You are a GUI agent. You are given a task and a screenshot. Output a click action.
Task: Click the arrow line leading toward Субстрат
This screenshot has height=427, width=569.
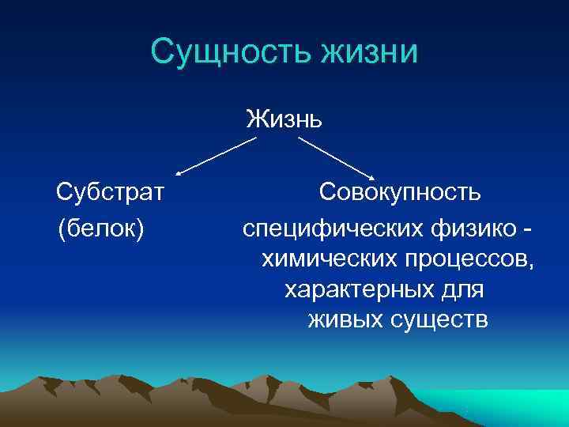click(x=217, y=156)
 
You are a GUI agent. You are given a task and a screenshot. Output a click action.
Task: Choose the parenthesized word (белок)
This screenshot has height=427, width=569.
click(x=100, y=228)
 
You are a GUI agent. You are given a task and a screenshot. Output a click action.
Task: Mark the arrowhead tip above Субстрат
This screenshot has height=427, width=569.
click(x=178, y=174)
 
